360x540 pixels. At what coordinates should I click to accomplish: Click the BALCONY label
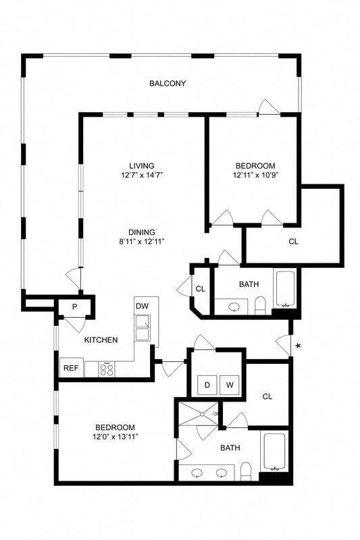168,84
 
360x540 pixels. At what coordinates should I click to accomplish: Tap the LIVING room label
142,165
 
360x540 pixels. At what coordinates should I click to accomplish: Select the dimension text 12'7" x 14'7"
142,175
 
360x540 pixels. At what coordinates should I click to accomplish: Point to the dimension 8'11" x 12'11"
142,241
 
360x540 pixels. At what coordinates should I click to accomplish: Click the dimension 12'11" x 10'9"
255,175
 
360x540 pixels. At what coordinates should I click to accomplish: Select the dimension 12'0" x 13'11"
114,437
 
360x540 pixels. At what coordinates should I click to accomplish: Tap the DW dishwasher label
142,306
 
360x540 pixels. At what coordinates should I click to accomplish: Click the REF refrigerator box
70,368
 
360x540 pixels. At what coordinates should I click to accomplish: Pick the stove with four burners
107,369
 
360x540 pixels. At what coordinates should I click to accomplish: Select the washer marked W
230,385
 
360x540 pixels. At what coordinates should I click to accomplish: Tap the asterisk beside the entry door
298,346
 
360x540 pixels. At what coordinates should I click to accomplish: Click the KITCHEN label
101,340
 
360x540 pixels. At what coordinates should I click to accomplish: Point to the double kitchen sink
143,329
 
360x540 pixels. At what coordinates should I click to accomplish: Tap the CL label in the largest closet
293,241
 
